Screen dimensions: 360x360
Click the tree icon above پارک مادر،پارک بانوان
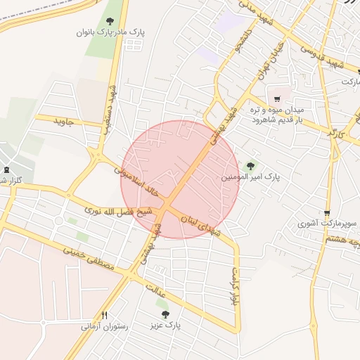[110, 22]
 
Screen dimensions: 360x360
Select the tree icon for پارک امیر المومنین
[250, 167]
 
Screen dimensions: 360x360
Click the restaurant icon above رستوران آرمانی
[105, 315]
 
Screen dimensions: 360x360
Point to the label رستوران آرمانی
[105, 326]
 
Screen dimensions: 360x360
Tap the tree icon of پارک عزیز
[165, 314]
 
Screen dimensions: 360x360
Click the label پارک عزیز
[165, 326]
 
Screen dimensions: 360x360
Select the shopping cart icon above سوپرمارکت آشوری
[327, 213]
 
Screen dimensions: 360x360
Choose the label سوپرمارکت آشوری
[328, 224]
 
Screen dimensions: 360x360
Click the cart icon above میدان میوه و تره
[278, 99]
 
